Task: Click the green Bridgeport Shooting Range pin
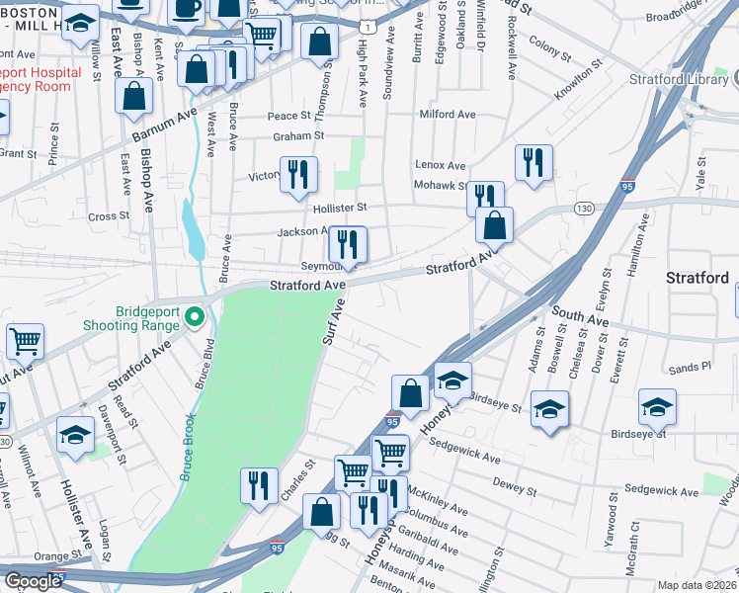196,316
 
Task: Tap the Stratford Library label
683,78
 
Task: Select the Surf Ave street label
333,321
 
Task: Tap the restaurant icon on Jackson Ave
347,244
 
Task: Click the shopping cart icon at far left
25,341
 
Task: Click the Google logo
33,581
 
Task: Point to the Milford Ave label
448,115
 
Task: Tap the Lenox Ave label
440,165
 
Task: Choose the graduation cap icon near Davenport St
75,434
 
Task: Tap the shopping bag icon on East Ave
133,97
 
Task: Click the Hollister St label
340,208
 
